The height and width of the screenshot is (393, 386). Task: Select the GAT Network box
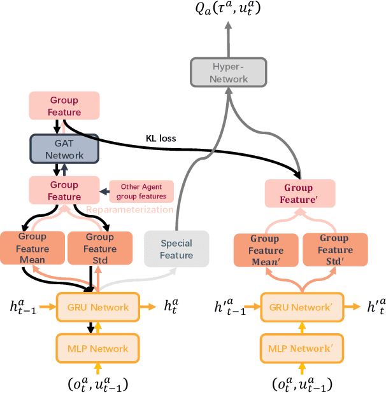pos(64,148)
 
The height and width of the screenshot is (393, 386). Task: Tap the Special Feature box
pos(176,249)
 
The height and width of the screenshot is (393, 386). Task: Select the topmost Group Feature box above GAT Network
pos(64,106)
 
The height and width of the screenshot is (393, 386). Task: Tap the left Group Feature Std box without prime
pos(100,248)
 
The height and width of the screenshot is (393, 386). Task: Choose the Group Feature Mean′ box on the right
pos(266,250)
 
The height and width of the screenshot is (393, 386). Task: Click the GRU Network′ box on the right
pos(299,307)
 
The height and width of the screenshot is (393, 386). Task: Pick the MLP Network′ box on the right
pos(299,348)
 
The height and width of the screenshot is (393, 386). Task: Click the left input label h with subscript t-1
pos(22,307)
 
